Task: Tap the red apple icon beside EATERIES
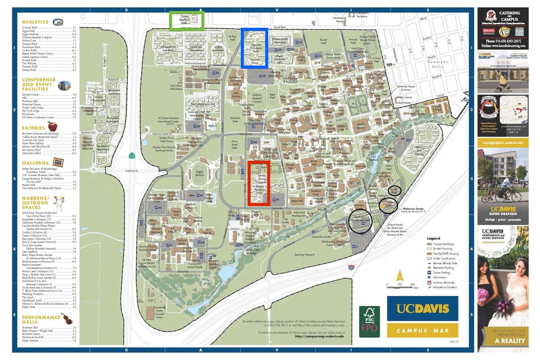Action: (x=52, y=126)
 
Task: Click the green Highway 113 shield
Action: (x=132, y=156)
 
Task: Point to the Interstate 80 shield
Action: (x=351, y=267)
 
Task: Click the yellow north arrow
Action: (x=400, y=277)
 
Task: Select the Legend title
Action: (x=433, y=238)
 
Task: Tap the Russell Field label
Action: (x=323, y=41)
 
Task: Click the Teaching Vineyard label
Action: (x=305, y=255)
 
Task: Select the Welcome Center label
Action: (x=414, y=209)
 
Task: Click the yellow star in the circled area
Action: (x=389, y=206)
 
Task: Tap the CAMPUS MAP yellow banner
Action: (x=422, y=330)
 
